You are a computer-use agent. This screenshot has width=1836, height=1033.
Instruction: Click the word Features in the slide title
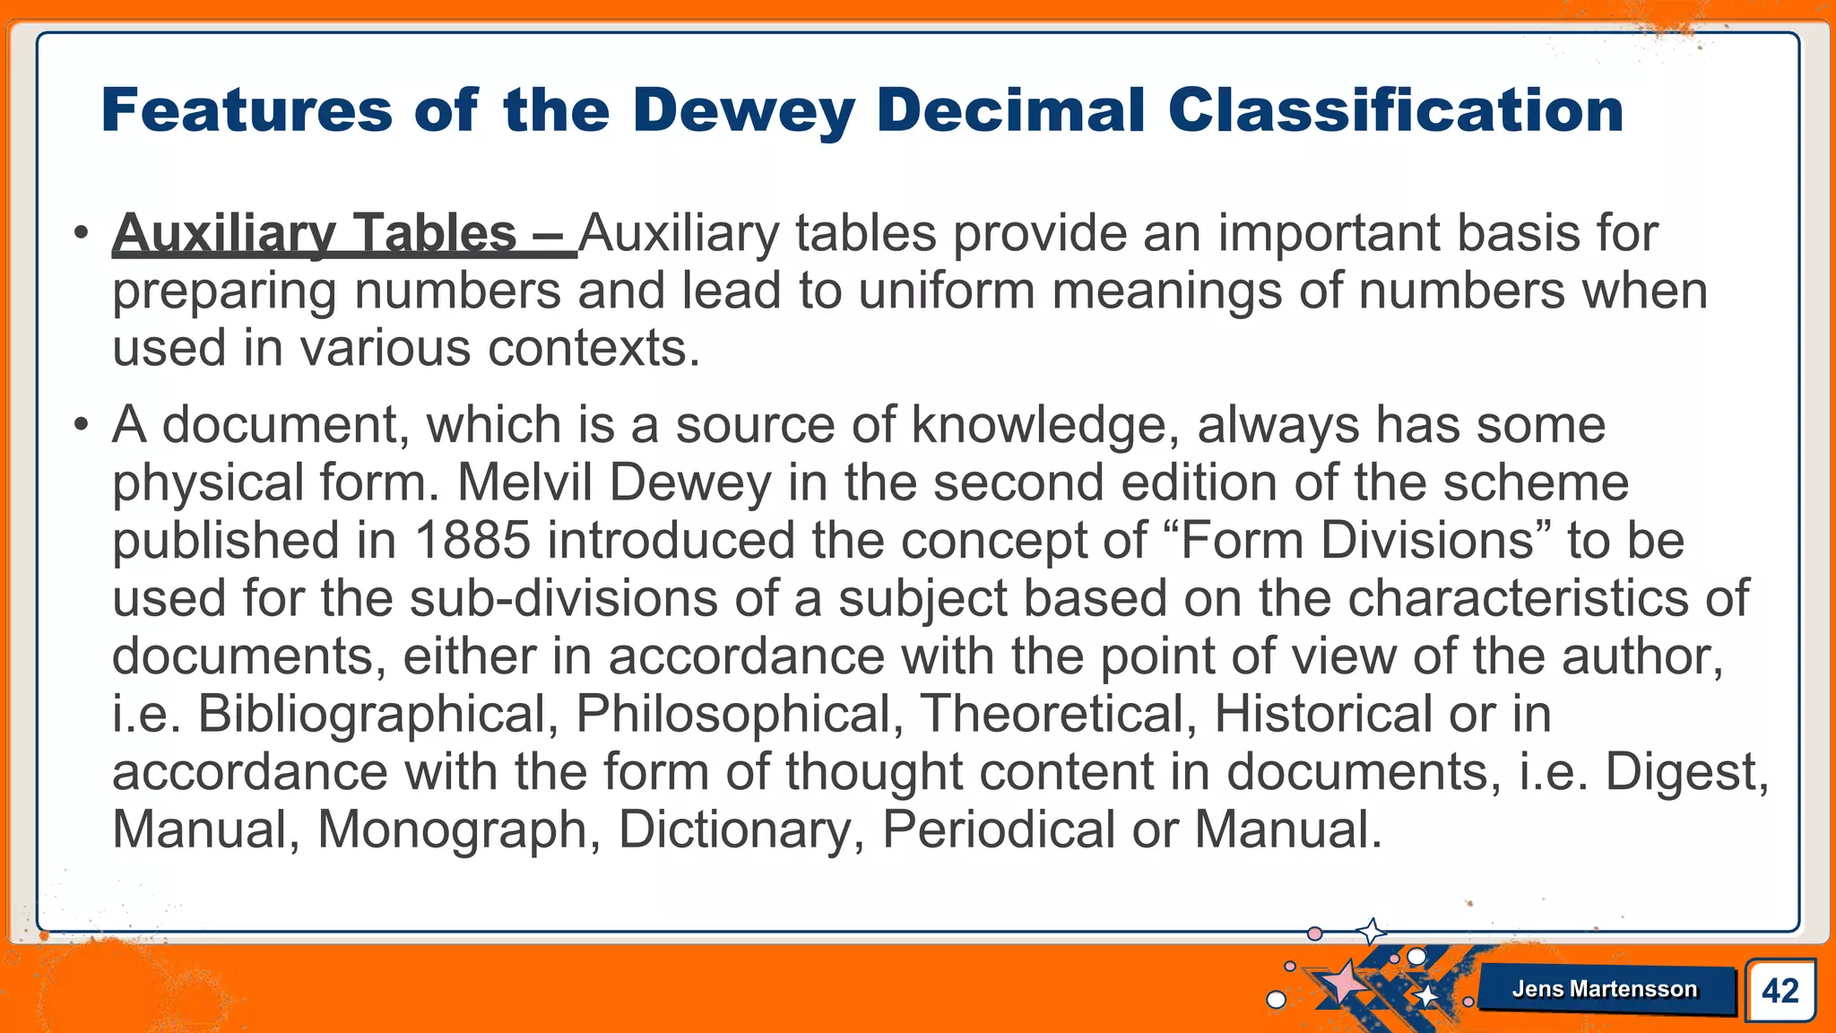[x=247, y=111]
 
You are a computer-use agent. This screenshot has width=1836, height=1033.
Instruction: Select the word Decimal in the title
[x=1011, y=111]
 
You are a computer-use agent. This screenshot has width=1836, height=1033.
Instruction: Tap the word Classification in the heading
[x=1395, y=111]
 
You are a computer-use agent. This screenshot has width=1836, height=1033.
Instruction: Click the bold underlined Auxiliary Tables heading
[x=344, y=234]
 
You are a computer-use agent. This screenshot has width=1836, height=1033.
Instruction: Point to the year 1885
[x=472, y=541]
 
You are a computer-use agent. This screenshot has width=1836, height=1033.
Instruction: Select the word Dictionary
[x=741, y=829]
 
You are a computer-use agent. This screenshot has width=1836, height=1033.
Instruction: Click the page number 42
[x=1780, y=991]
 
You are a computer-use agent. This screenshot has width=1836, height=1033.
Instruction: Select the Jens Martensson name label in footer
[x=1604, y=989]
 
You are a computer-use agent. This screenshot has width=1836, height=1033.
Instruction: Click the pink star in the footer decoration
[x=1343, y=982]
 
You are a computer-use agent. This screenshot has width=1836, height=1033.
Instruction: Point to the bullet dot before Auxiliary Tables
[x=82, y=233]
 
